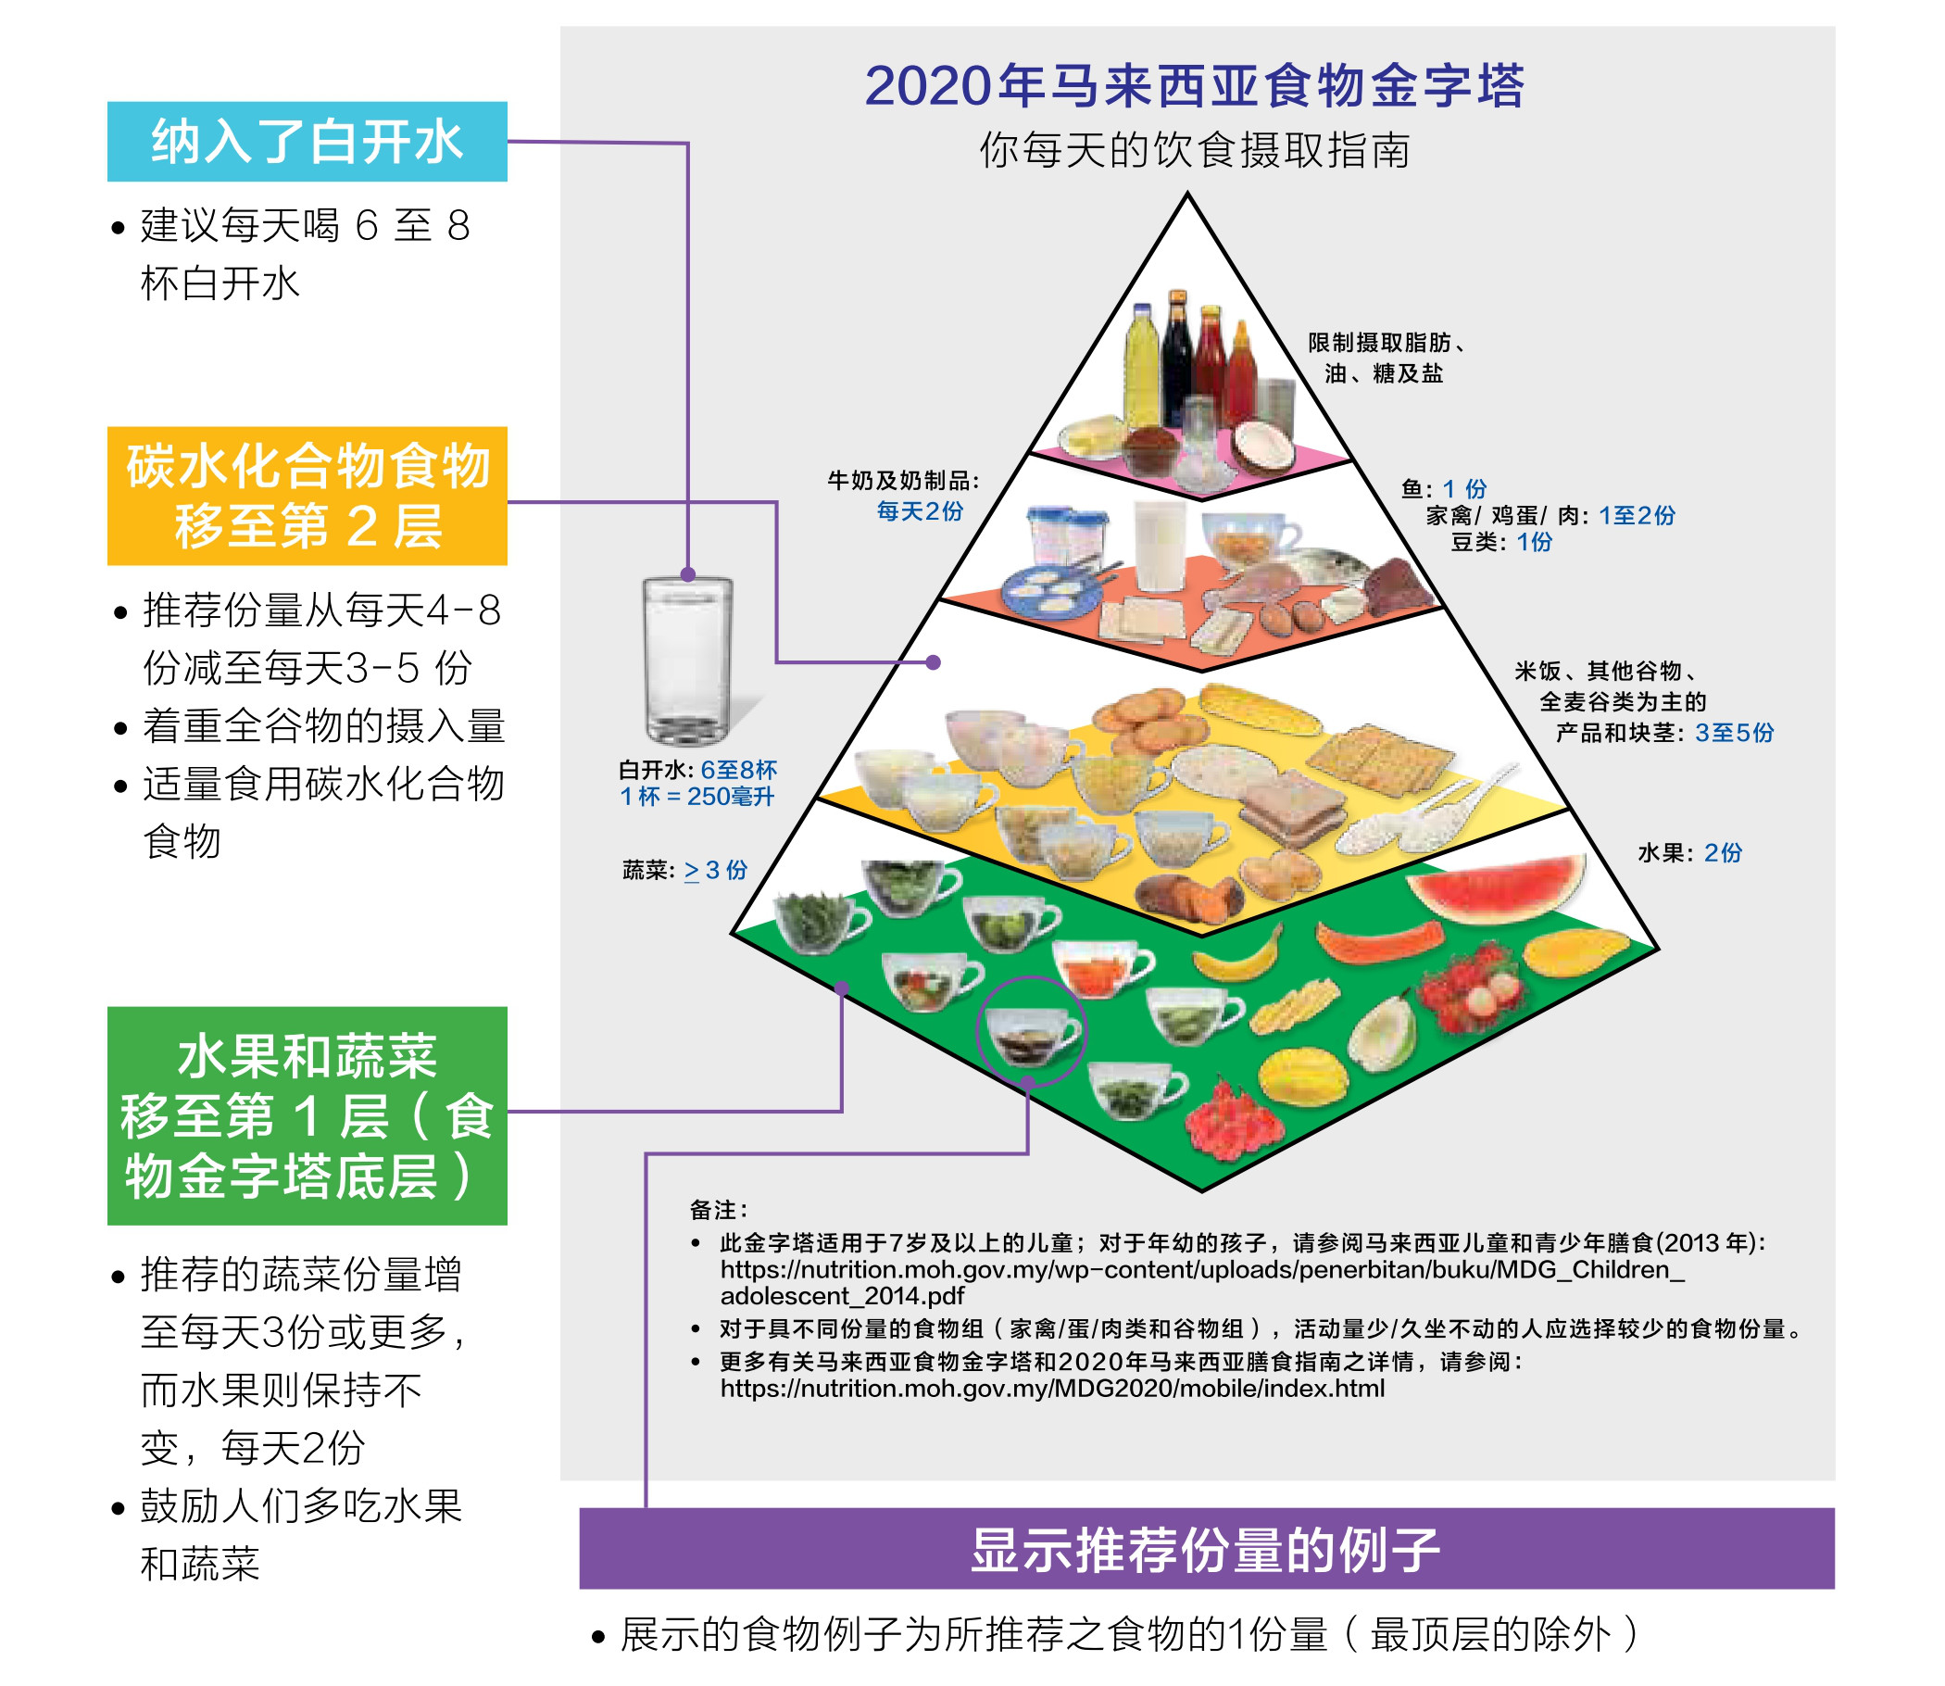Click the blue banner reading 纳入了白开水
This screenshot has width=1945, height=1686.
pyautogui.click(x=307, y=141)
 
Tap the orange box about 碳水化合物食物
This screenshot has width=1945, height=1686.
pyautogui.click(x=307, y=496)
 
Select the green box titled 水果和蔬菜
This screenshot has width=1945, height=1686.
pyautogui.click(x=307, y=1116)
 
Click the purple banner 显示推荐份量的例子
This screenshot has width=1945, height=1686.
pyautogui.click(x=1207, y=1549)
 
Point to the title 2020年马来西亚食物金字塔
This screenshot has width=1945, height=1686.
pyautogui.click(x=1195, y=85)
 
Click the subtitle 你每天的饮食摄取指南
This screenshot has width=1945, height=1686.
pyautogui.click(x=1195, y=150)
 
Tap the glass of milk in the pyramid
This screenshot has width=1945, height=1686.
pyautogui.click(x=1160, y=547)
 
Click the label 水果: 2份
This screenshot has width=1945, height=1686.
pyautogui.click(x=1690, y=852)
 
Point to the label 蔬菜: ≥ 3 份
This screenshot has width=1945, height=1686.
pyautogui.click(x=684, y=870)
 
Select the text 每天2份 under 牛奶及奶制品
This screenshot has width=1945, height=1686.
pyautogui.click(x=920, y=510)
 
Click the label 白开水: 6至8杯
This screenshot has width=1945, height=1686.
pyautogui.click(x=697, y=770)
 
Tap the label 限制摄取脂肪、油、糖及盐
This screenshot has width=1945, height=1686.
pyautogui.click(x=1387, y=358)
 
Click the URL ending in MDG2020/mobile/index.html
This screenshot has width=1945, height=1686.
pyautogui.click(x=1052, y=1389)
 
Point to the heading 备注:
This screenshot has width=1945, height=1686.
pyautogui.click(x=720, y=1210)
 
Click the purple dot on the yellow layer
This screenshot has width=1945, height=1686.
pyautogui.click(x=933, y=662)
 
